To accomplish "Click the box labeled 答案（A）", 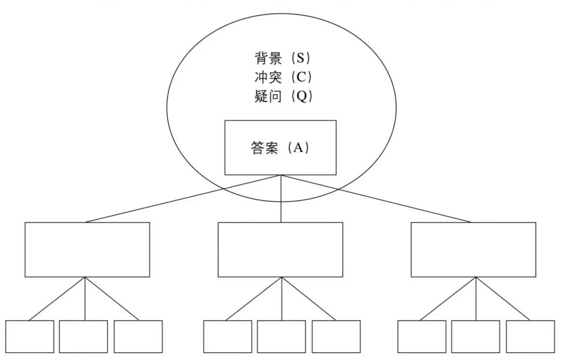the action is click(x=280, y=147).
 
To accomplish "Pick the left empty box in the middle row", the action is click(x=87, y=250).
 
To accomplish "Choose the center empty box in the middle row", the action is click(x=280, y=250).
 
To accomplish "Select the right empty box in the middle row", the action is click(x=473, y=250).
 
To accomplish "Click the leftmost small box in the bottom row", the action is click(x=30, y=337).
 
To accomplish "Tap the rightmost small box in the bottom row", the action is click(x=530, y=337).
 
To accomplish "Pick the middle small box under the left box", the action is click(x=83, y=337).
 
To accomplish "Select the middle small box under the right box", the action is click(x=475, y=337).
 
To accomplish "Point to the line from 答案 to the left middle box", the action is click(x=182, y=198).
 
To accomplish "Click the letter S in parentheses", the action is click(x=300, y=58).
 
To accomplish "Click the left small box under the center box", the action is click(x=227, y=337).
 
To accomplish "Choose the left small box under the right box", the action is click(x=422, y=337).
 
